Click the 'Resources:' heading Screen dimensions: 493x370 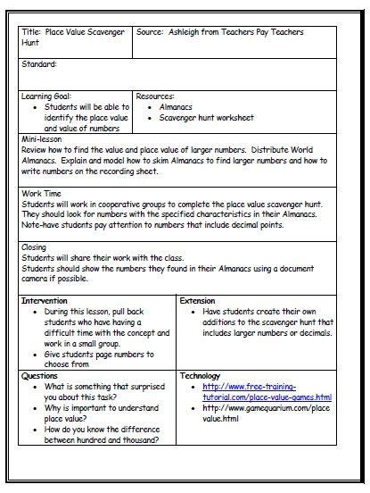pos(155,95)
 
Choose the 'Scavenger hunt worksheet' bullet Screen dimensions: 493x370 pos(206,118)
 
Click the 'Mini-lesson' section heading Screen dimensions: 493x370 pos(41,140)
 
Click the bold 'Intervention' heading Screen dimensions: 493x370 pos(44,302)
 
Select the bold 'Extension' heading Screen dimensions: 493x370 pos(198,302)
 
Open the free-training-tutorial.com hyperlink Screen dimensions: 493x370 pos(262,392)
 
